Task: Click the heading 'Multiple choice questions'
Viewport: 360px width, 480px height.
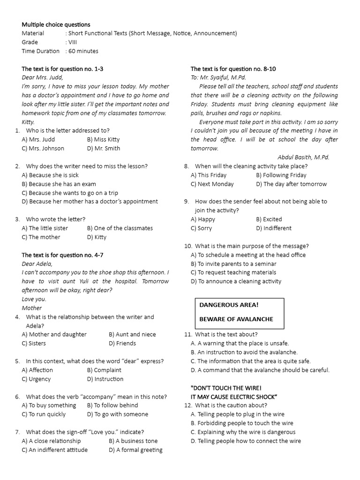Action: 56,24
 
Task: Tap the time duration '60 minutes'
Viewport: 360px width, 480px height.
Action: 83,51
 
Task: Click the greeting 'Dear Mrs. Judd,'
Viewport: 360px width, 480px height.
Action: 42,77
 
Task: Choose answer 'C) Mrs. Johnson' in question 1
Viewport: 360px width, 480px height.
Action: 43,149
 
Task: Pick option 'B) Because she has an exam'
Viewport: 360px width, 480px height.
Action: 59,184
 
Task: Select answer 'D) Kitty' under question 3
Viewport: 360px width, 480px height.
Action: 97,237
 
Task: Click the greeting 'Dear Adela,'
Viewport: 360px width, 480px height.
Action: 37,263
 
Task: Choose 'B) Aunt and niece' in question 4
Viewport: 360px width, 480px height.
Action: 132,335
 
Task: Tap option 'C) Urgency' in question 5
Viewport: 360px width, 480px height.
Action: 36,379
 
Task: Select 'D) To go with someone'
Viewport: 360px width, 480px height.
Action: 117,414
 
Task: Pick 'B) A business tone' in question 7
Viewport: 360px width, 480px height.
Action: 133,441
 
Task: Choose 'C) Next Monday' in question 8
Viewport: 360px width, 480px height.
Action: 212,184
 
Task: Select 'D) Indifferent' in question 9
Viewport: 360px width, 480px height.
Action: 273,228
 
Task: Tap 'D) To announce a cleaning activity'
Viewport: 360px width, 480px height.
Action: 236,282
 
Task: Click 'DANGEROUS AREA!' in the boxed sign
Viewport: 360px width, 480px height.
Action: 229,305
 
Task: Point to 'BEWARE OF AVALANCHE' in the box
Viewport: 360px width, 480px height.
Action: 236,319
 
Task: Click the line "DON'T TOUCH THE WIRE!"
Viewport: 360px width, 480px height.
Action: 226,388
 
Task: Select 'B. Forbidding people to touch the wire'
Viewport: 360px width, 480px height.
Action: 242,423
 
